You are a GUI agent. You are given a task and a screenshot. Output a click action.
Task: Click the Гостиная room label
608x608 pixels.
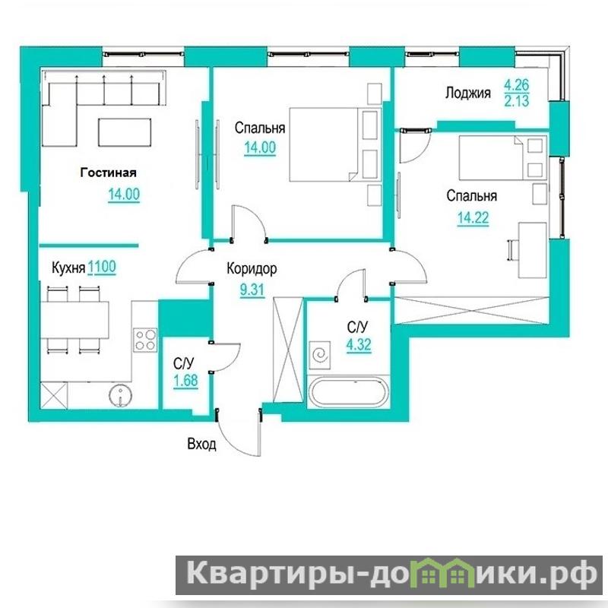[108, 173]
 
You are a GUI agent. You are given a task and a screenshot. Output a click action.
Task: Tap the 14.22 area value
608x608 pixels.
[473, 218]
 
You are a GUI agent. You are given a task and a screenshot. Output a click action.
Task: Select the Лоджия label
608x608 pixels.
[468, 93]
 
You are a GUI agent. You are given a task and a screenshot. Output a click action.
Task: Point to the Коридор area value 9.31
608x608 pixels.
[252, 290]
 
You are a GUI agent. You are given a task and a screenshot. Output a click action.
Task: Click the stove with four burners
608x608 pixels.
[145, 340]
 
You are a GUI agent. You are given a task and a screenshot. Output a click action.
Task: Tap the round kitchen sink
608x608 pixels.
[121, 396]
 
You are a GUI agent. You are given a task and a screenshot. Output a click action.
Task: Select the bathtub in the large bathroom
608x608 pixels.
[348, 391]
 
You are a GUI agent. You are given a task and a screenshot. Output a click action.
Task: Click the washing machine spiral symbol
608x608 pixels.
[320, 354]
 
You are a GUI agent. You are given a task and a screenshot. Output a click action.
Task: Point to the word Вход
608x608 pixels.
[201, 444]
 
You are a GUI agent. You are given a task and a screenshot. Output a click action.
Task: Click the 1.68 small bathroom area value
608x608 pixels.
[185, 381]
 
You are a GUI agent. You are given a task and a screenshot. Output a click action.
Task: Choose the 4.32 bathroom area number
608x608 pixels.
[359, 344]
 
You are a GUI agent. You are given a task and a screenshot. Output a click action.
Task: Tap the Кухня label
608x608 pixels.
[68, 268]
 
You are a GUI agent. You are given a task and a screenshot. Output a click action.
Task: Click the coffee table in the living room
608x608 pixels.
[125, 132]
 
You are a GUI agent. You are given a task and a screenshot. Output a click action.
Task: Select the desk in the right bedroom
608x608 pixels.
[532, 250]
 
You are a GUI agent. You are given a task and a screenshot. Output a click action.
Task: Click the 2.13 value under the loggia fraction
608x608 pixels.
[517, 101]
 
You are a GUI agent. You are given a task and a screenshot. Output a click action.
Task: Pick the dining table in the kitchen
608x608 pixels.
[74, 320]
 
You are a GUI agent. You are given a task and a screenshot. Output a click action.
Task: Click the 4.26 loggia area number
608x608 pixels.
[517, 84]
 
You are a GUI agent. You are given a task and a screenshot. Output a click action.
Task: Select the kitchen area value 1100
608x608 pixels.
[102, 268]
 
